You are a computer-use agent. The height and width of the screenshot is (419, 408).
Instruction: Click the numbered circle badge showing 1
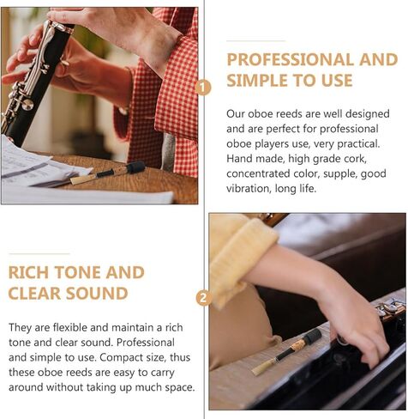(x=203, y=87)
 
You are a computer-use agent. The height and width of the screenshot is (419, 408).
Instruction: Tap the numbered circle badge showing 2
(x=203, y=298)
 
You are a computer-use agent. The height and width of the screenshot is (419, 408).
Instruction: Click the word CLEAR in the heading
(x=38, y=294)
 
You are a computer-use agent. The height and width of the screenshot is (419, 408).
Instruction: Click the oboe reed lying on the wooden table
(x=107, y=173)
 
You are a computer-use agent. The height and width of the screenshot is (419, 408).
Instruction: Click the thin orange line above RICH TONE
(x=39, y=253)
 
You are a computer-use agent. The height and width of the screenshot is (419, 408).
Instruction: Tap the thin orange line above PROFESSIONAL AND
(x=255, y=40)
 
